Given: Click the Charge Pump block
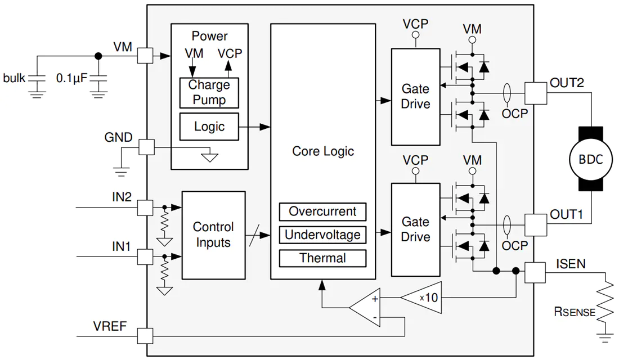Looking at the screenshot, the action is [209, 93].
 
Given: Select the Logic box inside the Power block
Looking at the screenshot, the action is [209, 127].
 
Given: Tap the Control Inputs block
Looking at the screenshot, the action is [214, 235].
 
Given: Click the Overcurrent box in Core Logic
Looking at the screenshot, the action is [322, 211].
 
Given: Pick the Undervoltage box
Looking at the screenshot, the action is [322, 235].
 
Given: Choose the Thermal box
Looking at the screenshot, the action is [322, 258].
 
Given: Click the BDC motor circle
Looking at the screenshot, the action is [591, 159].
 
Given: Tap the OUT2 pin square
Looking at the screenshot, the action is [536, 93].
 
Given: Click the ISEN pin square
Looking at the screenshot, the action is [535, 272].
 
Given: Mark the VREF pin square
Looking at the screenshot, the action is [145, 336].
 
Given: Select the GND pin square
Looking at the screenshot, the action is [146, 147].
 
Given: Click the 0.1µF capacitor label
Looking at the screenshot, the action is [71, 78].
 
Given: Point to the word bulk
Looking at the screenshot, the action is [14, 78].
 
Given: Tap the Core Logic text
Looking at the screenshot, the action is [323, 151].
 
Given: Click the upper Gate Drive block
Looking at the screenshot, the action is [416, 97].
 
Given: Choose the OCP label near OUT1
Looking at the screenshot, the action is [515, 245].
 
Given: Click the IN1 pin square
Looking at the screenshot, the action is [145, 257].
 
